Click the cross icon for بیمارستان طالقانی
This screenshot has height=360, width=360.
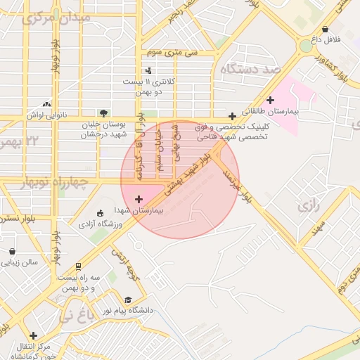[x=270, y=101]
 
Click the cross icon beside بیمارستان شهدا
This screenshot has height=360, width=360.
[x=138, y=200]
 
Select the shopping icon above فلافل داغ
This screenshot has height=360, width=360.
[x=325, y=30]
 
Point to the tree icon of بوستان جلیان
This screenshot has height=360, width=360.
[x=104, y=112]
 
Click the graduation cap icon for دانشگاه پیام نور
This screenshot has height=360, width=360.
[x=127, y=298]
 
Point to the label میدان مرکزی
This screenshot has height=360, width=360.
[x=56, y=18]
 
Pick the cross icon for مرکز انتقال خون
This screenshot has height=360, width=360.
[x=32, y=335]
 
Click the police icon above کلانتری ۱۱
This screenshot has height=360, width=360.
[x=148, y=70]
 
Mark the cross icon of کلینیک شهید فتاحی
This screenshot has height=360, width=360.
[x=232, y=116]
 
